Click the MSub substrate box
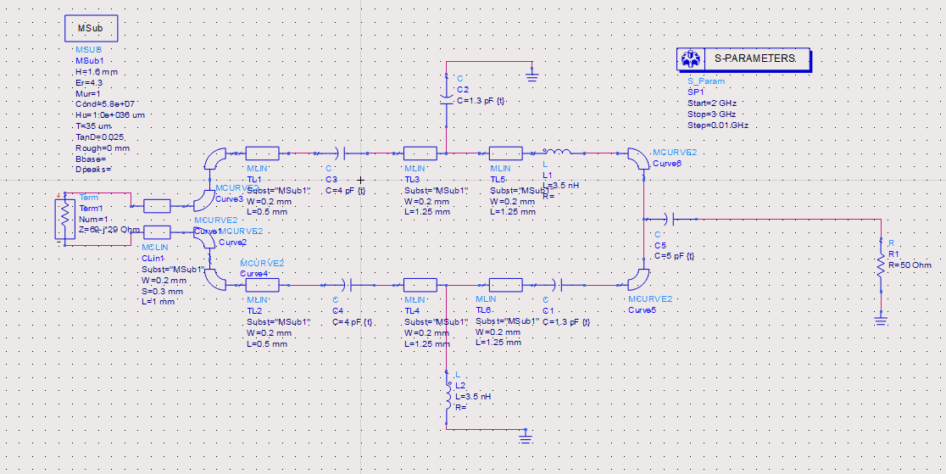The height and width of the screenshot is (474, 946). (91, 28)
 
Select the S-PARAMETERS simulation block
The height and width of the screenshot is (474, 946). (743, 59)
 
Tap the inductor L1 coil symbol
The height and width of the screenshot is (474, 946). (560, 153)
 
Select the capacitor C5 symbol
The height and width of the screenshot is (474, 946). (668, 218)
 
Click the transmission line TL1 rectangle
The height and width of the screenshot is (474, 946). (262, 153)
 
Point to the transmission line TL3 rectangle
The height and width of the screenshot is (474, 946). (420, 153)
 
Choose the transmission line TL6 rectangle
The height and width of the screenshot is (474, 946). (505, 285)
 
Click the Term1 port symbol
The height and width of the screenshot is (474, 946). (64, 219)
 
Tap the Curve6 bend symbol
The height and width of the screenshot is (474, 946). (636, 157)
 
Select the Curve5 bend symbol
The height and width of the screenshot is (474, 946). (637, 280)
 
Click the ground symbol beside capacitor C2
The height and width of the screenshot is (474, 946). (531, 76)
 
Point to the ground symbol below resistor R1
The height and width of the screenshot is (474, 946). (882, 320)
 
